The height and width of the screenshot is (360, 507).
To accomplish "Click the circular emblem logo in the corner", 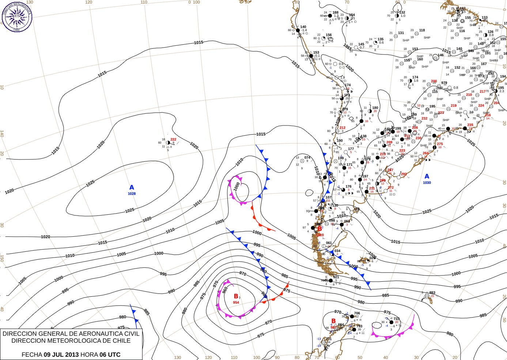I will point(17,16).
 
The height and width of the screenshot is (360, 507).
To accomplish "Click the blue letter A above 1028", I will point(132,188).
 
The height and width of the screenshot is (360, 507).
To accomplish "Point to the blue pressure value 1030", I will point(427,183).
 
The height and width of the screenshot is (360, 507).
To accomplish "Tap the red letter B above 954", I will point(236,296).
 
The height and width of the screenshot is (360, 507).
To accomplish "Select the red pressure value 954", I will point(236,303).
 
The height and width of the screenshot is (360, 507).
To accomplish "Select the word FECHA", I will point(32,355).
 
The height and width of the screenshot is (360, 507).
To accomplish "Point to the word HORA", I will point(89,355).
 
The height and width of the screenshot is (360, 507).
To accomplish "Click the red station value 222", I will point(173,139).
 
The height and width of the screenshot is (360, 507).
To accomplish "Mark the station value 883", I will point(432,293).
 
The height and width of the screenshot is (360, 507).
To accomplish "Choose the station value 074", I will point(307,158).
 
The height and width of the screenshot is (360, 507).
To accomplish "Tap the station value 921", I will point(336,277).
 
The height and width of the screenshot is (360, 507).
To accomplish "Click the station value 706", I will point(357,313).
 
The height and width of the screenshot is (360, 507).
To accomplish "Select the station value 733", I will point(397,319).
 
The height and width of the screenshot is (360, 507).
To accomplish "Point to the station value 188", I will point(335,12).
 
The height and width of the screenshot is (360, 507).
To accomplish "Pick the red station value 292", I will point(404,174).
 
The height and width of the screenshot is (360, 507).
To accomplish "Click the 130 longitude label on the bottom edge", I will point(178,357).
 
